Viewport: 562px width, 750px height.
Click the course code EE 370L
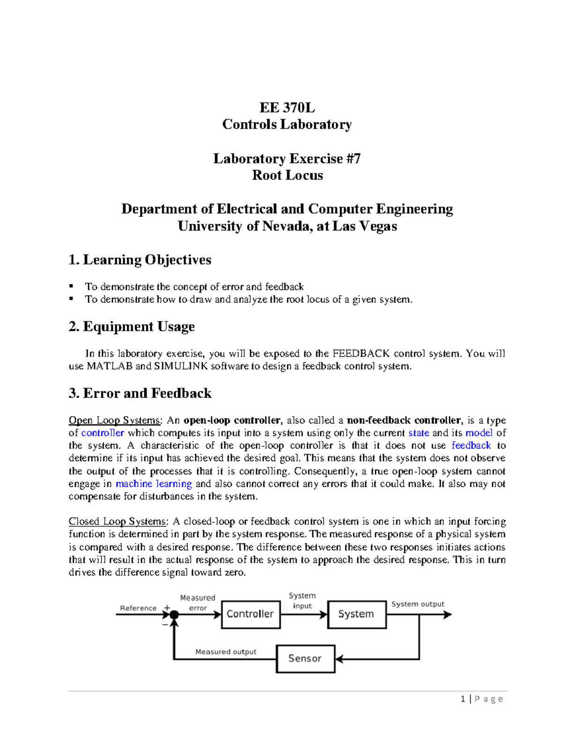[x=287, y=108]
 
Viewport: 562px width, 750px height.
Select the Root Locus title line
[x=287, y=176]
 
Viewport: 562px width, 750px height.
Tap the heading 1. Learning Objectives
[x=140, y=260]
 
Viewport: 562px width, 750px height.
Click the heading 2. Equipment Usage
[x=132, y=327]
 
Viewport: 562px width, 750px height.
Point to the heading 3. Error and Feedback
[x=140, y=393]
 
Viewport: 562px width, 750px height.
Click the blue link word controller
[x=103, y=433]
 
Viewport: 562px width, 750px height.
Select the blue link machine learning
[x=154, y=484]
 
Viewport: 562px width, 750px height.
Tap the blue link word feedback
[x=471, y=446]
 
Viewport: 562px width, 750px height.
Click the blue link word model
[x=479, y=433]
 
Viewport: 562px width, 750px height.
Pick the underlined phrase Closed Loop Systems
[x=117, y=522]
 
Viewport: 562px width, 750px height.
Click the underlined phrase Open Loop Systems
[x=114, y=420]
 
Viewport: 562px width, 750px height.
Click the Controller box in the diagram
[x=251, y=614]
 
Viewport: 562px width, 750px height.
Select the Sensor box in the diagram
[x=305, y=659]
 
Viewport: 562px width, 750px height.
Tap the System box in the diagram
[x=356, y=614]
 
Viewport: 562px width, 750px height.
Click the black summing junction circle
[x=174, y=615]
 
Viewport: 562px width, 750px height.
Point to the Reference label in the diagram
[x=138, y=608]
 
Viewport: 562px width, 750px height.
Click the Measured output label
[x=226, y=652]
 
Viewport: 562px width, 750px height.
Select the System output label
[x=418, y=604]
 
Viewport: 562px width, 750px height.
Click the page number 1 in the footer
[x=463, y=699]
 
